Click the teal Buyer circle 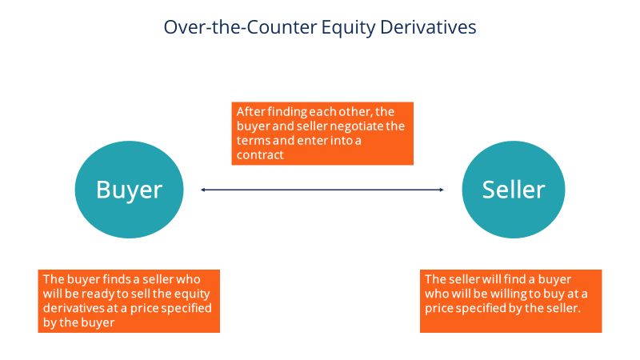pos(129,190)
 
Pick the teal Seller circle pos(513,190)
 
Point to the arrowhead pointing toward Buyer pos(203,190)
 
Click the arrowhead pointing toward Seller pos(440,190)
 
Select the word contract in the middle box pos(260,155)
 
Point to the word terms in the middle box pos(252,141)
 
